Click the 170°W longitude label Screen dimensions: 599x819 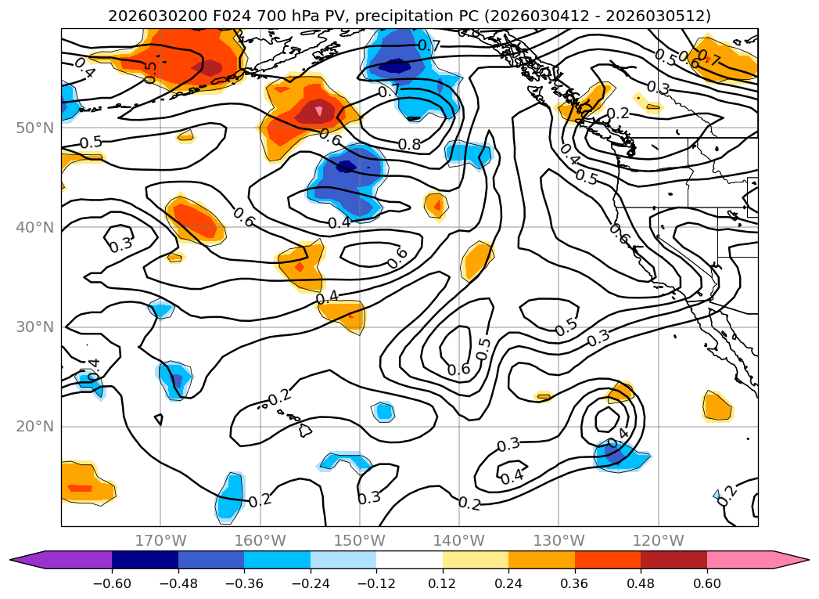point(160,540)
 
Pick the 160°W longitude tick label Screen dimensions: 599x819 point(260,540)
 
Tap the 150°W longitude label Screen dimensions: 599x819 point(360,540)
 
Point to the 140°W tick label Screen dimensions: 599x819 point(459,540)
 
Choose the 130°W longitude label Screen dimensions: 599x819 point(559,540)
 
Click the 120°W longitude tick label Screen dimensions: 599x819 point(658,540)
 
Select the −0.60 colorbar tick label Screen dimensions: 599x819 point(112,585)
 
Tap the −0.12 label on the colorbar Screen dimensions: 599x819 point(376,585)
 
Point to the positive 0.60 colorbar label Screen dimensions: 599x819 point(707,585)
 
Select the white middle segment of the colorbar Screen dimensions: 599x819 point(409,560)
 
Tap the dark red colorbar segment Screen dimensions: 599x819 point(674,560)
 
